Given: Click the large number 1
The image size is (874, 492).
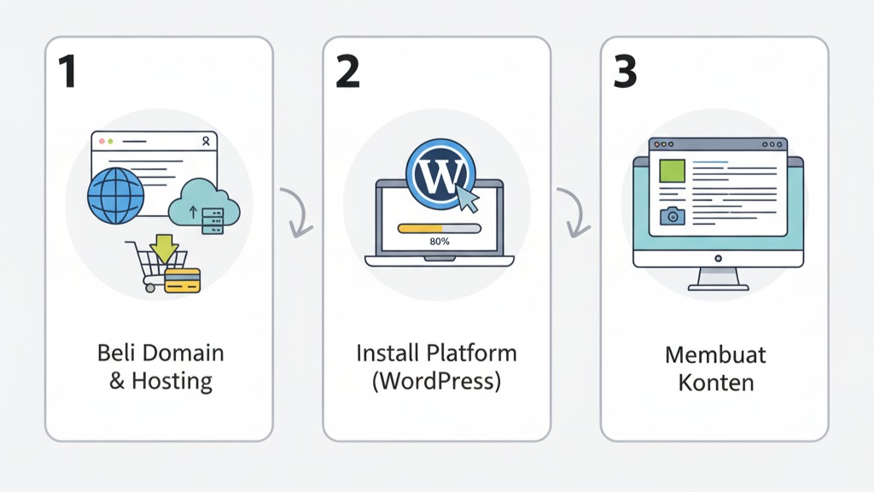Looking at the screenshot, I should (x=65, y=73).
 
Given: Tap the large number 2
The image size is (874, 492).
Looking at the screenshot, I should (x=347, y=73).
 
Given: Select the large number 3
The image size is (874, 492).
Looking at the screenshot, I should (x=625, y=73).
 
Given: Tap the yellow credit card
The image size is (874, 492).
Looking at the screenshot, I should (x=182, y=280).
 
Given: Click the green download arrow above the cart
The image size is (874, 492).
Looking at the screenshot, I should (x=164, y=248).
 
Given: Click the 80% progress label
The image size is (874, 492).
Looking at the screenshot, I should (x=440, y=242).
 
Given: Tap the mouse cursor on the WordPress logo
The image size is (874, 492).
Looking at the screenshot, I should (x=467, y=199).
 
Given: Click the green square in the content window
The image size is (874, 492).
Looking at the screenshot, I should (x=673, y=173).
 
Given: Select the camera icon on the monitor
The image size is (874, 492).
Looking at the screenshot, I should (x=673, y=217).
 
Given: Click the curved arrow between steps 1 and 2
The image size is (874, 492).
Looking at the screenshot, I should (x=298, y=213).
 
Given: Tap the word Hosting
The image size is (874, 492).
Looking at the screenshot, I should (x=172, y=381).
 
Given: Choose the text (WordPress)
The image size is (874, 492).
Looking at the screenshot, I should (x=436, y=381).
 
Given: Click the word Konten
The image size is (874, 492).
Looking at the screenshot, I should (x=715, y=382).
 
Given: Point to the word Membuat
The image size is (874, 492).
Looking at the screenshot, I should (x=715, y=353).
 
